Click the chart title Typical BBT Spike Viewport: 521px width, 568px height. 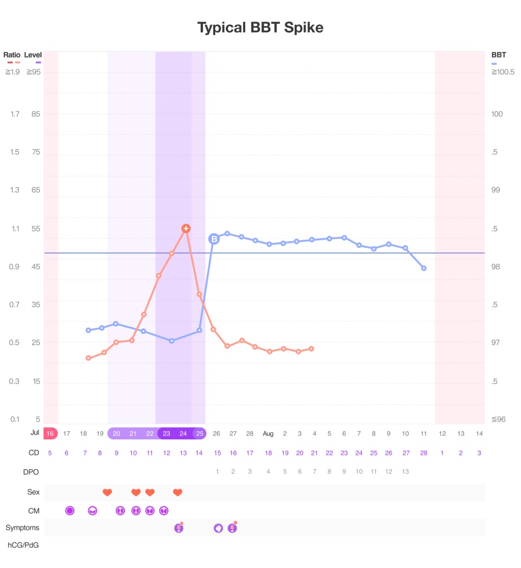[x=260, y=27]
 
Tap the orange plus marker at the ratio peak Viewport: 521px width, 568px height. [x=186, y=229]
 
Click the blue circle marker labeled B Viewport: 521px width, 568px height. [x=214, y=239]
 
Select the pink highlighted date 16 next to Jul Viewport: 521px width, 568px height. [x=50, y=433]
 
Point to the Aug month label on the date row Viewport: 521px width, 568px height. [x=268, y=433]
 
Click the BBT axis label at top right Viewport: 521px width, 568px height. [x=498, y=55]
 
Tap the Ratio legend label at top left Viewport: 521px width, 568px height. [x=12, y=55]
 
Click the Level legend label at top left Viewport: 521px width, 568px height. [x=33, y=55]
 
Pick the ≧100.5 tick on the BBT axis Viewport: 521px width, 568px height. [x=503, y=72]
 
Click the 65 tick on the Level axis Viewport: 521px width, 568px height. [x=36, y=190]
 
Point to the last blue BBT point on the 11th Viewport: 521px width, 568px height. [x=424, y=268]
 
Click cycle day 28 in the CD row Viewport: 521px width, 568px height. [x=423, y=453]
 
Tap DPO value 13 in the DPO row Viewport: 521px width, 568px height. [x=405, y=471]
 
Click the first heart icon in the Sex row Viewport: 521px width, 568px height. [x=108, y=492]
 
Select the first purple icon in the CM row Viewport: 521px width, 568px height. [x=70, y=510]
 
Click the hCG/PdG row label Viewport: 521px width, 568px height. [x=23, y=545]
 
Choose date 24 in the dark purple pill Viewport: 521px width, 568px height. [x=183, y=433]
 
